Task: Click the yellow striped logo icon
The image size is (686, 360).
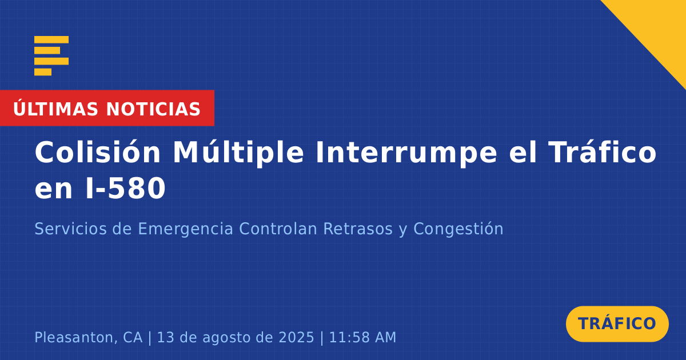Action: coord(51,56)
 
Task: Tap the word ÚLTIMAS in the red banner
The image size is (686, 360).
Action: coord(55,109)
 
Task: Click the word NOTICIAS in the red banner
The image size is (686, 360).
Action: coord(153,109)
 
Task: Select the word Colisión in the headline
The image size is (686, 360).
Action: coord(97,152)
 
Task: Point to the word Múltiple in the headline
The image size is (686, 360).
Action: coord(238,152)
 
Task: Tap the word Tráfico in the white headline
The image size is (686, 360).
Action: coord(602,152)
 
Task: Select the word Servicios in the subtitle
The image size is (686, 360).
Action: coord(70,229)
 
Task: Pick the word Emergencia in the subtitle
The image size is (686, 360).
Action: coord(186,229)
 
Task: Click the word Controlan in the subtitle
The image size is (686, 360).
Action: coord(278,229)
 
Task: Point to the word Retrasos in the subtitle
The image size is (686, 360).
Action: coord(358,229)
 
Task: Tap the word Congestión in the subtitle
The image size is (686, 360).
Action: coord(458,229)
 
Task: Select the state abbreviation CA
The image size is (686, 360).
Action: coord(133,337)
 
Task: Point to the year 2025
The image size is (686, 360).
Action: coord(297,337)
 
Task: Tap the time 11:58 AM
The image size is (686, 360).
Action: coord(362,337)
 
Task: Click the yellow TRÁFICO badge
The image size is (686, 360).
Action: coord(617,323)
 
